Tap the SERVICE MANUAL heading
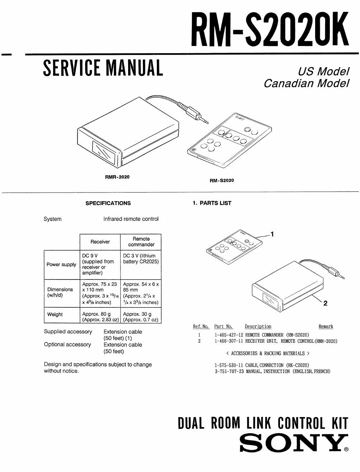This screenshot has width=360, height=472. click(103, 68)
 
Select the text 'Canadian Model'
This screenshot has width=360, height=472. click(307, 83)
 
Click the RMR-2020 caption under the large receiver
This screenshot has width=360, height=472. click(117, 177)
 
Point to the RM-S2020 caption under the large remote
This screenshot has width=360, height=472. click(222, 180)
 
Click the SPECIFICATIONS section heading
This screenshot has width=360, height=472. click(108, 203)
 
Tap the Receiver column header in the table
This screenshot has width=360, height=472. click(100, 242)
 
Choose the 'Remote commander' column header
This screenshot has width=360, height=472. click(141, 241)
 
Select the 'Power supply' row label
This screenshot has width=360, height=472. click(61, 264)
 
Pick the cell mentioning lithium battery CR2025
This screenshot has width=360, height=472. click(141, 259)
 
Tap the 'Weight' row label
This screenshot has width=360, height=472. click(55, 314)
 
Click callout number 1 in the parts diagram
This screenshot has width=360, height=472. click(272, 234)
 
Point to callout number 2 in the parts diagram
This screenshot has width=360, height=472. click(325, 303)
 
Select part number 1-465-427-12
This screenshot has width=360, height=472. click(229, 335)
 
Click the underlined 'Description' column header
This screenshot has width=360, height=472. click(258, 327)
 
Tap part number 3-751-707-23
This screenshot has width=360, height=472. click(229, 371)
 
